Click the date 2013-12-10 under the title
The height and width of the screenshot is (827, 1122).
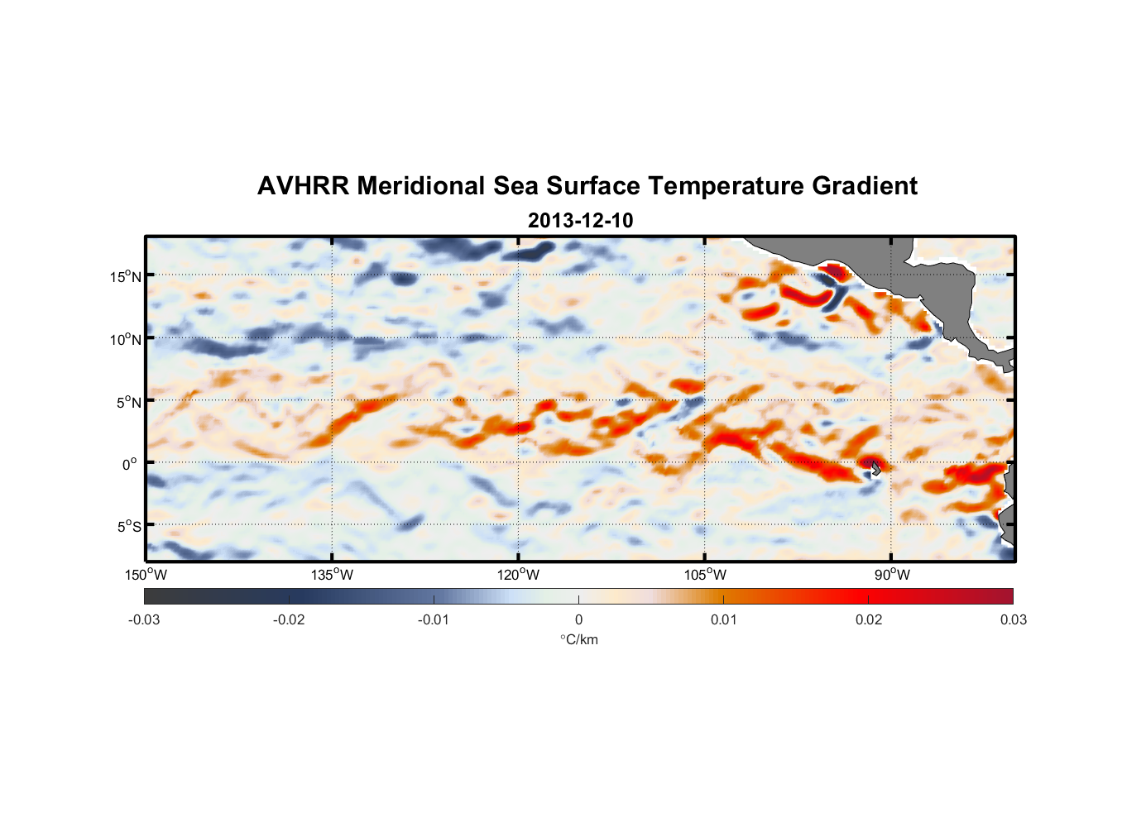[580, 221]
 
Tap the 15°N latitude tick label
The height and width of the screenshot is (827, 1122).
[126, 276]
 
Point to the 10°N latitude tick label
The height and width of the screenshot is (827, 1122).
[126, 339]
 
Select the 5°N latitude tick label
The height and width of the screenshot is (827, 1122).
[128, 402]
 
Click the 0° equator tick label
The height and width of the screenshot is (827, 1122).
[130, 465]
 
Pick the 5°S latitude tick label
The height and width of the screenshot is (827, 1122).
[128, 527]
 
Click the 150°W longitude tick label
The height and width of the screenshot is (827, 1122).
[146, 575]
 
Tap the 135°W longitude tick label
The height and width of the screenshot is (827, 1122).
[332, 575]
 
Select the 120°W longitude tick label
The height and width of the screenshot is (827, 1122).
[519, 575]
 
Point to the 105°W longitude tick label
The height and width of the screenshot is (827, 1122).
[705, 575]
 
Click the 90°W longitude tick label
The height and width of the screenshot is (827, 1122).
[892, 575]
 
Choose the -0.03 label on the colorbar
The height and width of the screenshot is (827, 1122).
[144, 619]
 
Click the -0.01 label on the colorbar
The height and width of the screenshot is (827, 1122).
[434, 619]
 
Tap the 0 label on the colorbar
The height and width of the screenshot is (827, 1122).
[578, 619]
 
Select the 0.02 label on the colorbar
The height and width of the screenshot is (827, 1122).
[869, 619]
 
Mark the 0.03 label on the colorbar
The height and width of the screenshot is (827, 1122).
[1013, 619]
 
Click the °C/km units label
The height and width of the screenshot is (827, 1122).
[578, 639]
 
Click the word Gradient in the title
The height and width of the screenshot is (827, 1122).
[865, 186]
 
